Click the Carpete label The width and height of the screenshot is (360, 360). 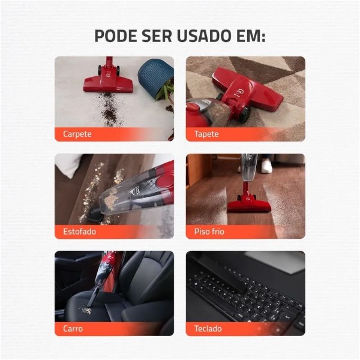(x=77, y=134)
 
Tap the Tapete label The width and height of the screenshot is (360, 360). (x=206, y=134)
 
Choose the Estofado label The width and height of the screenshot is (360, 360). (x=79, y=232)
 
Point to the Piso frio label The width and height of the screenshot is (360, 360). (x=209, y=232)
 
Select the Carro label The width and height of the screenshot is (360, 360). (x=73, y=329)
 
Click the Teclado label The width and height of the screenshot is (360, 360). (x=208, y=329)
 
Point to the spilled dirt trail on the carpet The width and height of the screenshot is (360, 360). (x=110, y=109)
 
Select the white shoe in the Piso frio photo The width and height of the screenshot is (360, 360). (x=266, y=166)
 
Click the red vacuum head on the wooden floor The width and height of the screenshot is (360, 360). (x=249, y=203)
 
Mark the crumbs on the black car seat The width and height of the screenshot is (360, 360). (x=87, y=311)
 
